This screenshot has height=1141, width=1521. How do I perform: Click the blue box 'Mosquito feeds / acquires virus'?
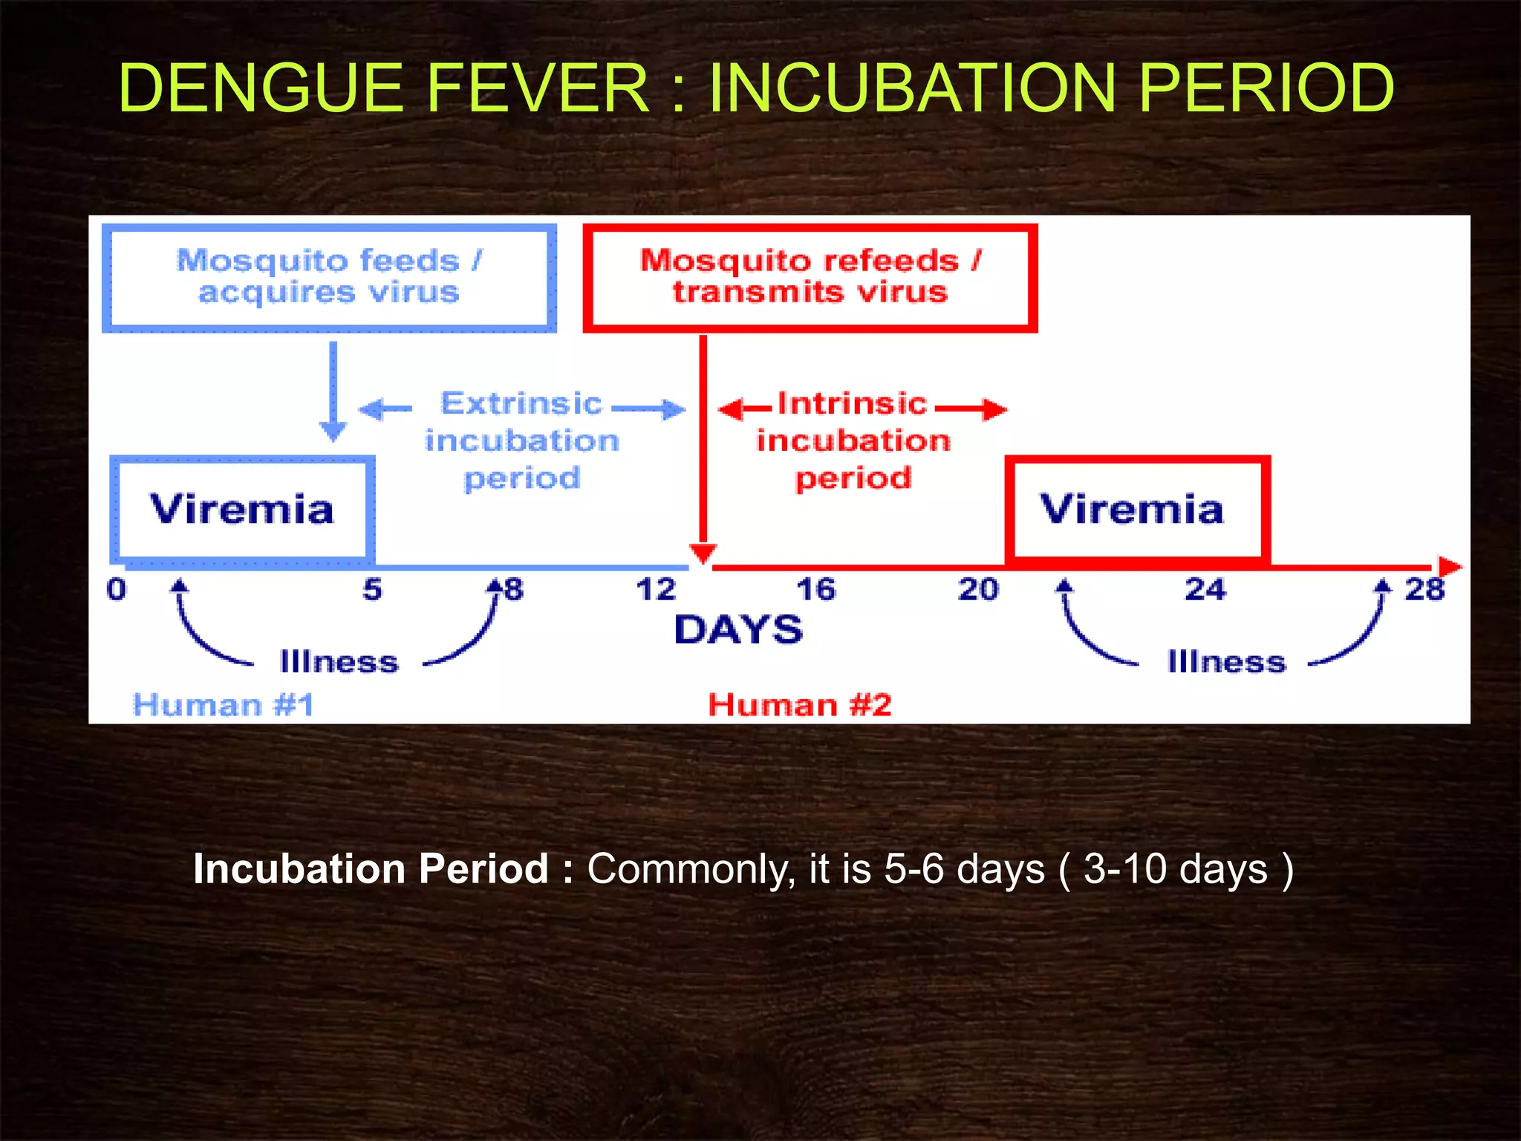pos(329,276)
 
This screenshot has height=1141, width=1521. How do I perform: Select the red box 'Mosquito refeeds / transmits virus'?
pos(810,276)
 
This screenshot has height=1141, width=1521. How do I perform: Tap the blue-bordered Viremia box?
pos(242,509)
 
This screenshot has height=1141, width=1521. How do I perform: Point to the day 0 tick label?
pos(117,590)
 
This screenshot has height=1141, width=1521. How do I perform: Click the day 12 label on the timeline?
pos(657,590)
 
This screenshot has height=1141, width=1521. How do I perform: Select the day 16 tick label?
pos(815,590)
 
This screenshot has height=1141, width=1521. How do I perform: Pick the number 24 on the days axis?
pos(1205,590)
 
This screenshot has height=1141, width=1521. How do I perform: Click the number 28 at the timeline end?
pos(1424,590)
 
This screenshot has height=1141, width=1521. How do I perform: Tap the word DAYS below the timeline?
pos(738,630)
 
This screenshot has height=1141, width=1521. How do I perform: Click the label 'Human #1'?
pos(224,704)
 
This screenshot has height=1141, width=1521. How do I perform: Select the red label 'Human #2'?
pos(800,704)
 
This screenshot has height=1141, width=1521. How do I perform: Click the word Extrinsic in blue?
pos(521,403)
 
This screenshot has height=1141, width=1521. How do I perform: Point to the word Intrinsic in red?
pos(853,403)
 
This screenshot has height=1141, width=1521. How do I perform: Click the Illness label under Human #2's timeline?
pos(1226,661)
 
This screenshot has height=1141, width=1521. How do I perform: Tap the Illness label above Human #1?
pos(339,661)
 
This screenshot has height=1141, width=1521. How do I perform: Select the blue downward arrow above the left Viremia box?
pos(333,394)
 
